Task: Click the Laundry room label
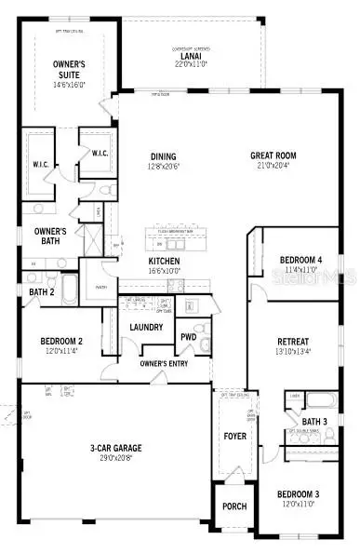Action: point(147,327)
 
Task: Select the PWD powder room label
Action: point(189,337)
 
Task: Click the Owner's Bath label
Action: point(50,236)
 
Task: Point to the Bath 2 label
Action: point(42,292)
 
